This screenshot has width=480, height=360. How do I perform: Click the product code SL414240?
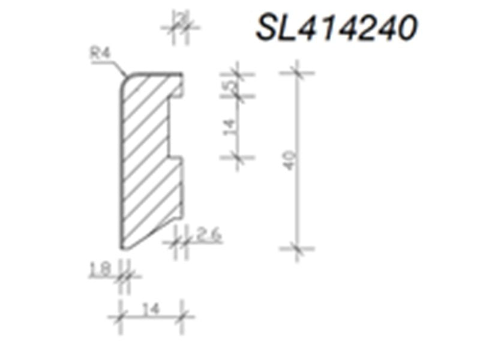(x=336, y=27)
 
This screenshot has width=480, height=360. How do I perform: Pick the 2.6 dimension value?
(x=208, y=235)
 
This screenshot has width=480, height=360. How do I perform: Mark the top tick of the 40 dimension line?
(x=297, y=74)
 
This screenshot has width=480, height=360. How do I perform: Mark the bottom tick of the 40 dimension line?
(x=297, y=247)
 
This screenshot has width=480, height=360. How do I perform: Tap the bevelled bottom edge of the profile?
(x=150, y=234)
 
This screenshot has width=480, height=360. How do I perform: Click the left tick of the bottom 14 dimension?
(x=121, y=316)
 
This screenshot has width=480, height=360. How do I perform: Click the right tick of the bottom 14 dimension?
(x=182, y=316)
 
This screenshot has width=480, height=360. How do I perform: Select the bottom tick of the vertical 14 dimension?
(x=238, y=157)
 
